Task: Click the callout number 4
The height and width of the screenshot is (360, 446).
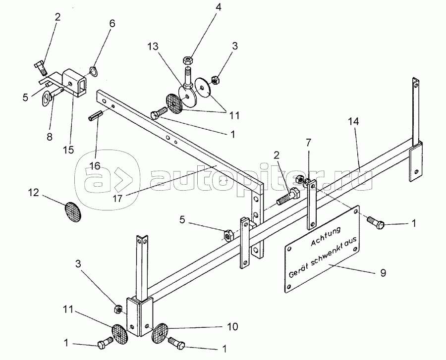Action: [218, 7]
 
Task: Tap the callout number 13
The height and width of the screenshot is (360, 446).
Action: [153, 47]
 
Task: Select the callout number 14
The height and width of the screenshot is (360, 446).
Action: [353, 121]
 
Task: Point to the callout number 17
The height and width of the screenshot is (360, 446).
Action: [117, 198]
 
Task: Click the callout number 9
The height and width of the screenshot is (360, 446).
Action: [383, 273]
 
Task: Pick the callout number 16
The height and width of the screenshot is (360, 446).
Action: [95, 165]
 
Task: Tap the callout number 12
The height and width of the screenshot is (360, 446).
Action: [33, 193]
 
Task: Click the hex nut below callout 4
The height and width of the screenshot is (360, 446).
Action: [188, 60]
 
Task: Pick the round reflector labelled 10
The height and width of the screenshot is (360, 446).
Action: [160, 333]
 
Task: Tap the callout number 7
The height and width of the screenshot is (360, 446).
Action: [309, 142]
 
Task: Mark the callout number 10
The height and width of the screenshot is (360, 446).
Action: [232, 326]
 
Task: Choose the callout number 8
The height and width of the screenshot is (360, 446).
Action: [50, 137]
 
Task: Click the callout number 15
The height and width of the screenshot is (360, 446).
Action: [68, 150]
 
